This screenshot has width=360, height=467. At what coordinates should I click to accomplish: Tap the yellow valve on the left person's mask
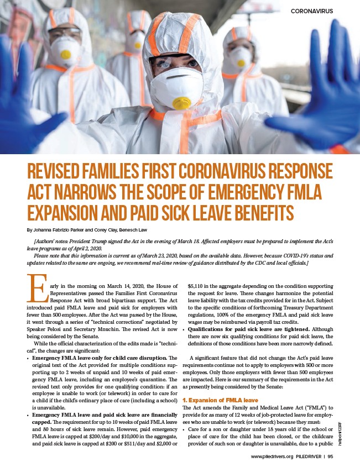click(x=66, y=55)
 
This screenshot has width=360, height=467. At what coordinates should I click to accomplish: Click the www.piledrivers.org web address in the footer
click(x=271, y=456)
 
